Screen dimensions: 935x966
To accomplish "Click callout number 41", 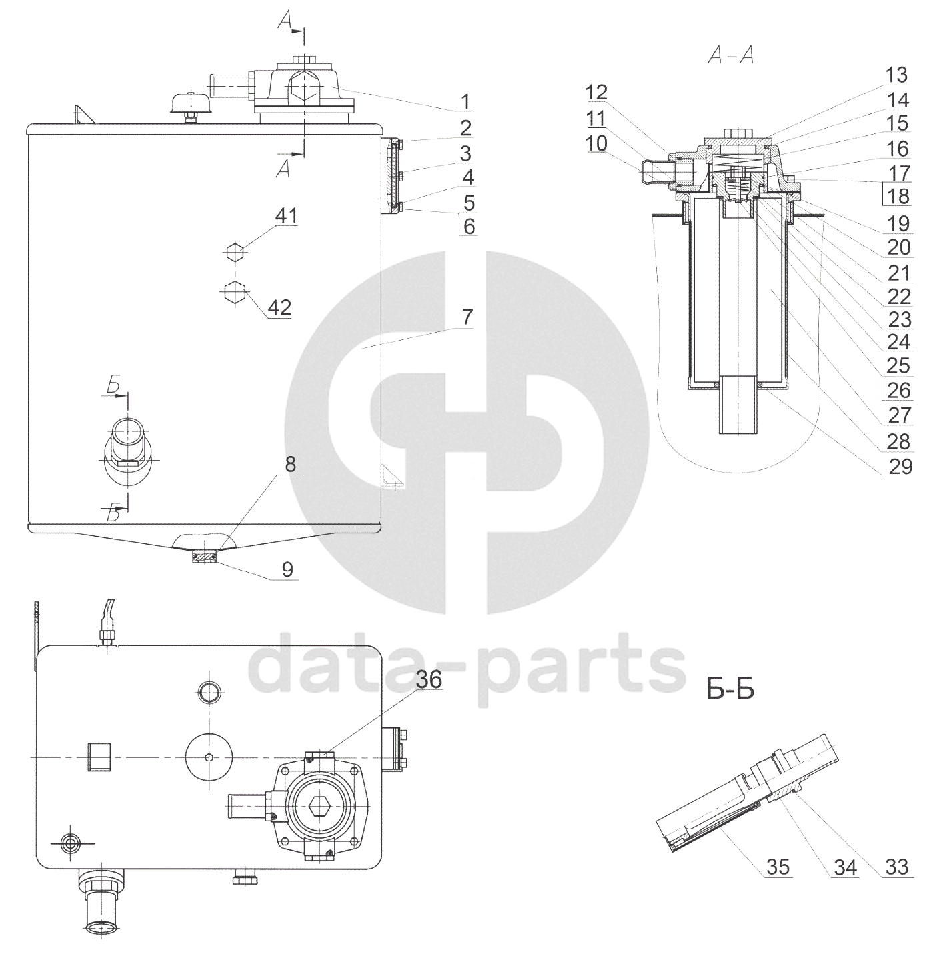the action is pos(286,216).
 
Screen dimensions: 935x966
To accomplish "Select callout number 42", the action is pos(279,308).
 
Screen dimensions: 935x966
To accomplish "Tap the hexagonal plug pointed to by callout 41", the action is pos(234,253).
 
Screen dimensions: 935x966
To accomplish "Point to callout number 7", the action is pos(467,317).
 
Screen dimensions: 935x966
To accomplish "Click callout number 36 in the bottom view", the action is pos(429,679).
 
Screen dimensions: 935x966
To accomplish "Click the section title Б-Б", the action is pos(730,690).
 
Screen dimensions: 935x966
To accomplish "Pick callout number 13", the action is pos(896,75).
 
